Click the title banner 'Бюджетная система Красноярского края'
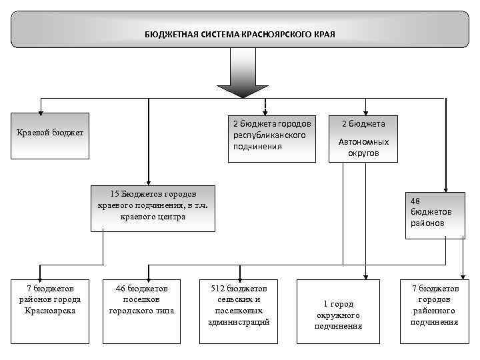point(240,33)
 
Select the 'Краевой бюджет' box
point(50,135)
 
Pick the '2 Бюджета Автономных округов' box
point(363,138)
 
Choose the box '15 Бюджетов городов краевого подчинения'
point(153,207)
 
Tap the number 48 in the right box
point(415,200)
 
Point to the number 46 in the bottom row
point(121,289)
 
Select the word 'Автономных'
point(363,142)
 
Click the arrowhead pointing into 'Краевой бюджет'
point(41,109)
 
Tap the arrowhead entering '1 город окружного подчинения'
point(365,275)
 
